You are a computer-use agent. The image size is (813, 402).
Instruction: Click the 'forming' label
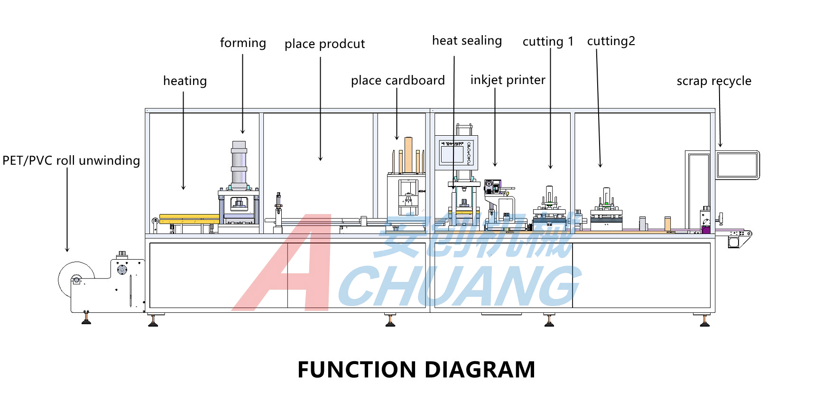[x=243, y=43]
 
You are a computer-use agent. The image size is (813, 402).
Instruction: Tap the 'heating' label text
[x=185, y=81]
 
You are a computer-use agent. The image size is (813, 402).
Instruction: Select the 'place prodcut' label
[x=324, y=44]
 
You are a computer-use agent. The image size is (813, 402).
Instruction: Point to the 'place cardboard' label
[x=397, y=81]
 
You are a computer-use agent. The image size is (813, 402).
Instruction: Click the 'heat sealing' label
[x=467, y=41]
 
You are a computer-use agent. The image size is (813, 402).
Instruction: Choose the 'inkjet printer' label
[x=508, y=80]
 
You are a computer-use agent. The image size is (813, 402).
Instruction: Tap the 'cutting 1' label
[x=548, y=42]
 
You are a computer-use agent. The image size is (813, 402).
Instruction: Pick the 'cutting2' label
[x=611, y=41]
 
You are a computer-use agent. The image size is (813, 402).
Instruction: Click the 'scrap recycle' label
[x=714, y=81]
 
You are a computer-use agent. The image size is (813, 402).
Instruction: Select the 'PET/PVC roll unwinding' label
[x=71, y=161]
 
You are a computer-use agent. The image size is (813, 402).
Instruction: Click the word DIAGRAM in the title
[x=480, y=370]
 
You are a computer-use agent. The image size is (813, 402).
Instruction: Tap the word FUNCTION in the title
[x=357, y=370]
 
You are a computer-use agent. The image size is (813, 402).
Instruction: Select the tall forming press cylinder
[x=239, y=164]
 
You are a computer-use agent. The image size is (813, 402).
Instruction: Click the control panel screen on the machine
[x=452, y=154]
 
